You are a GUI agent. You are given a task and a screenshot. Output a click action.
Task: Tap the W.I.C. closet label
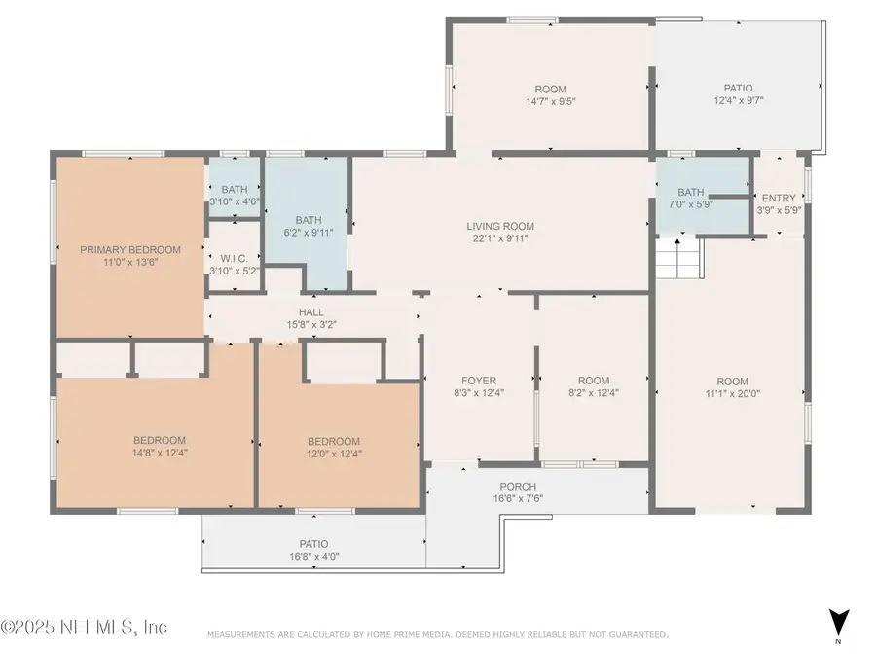tap(234, 258)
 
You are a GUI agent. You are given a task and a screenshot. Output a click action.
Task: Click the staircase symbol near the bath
tap(678, 259)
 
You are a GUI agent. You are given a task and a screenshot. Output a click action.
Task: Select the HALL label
tap(311, 312)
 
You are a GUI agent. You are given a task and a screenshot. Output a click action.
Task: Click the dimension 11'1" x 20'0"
tap(732, 393)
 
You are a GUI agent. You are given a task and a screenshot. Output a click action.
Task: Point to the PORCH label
tap(518, 487)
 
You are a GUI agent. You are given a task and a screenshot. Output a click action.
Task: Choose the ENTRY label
tap(779, 198)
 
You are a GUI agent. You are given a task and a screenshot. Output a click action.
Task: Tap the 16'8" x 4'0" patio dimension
tap(313, 557)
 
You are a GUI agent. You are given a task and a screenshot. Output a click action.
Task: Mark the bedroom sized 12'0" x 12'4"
tap(334, 447)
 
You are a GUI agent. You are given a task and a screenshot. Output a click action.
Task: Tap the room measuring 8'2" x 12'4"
tap(593, 386)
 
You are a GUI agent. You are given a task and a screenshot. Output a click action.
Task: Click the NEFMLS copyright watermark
tap(86, 627)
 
